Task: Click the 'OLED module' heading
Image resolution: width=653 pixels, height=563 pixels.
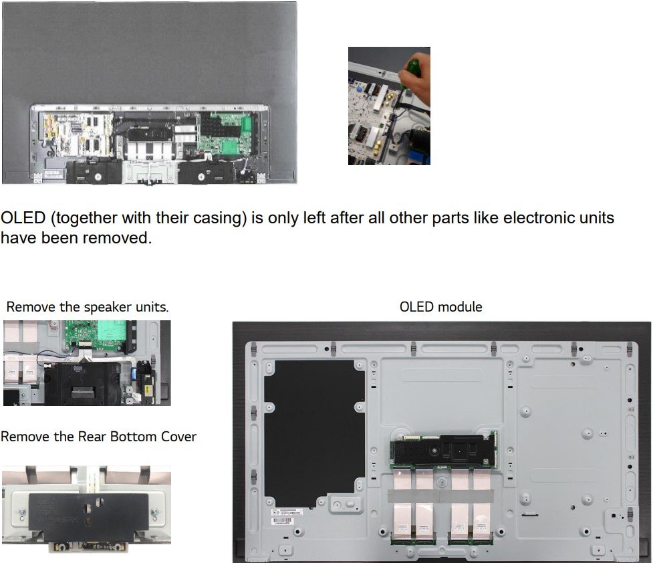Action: pos(440,307)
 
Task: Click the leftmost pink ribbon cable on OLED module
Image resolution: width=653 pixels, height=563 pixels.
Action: pos(402,505)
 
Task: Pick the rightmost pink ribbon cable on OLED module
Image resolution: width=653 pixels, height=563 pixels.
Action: pos(483,505)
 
